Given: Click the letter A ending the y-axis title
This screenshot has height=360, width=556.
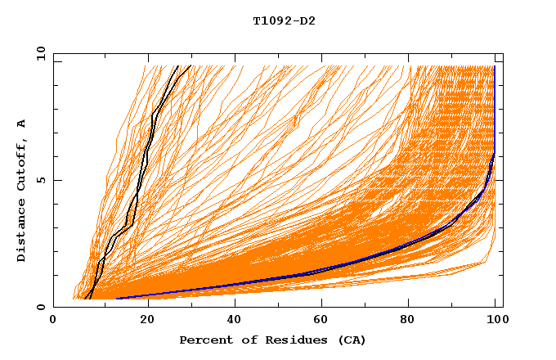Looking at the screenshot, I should click(x=22, y=124).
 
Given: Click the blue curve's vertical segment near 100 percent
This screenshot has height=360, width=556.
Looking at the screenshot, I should click(x=495, y=106).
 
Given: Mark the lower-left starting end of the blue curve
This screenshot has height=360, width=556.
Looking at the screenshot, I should click(x=119, y=299).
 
